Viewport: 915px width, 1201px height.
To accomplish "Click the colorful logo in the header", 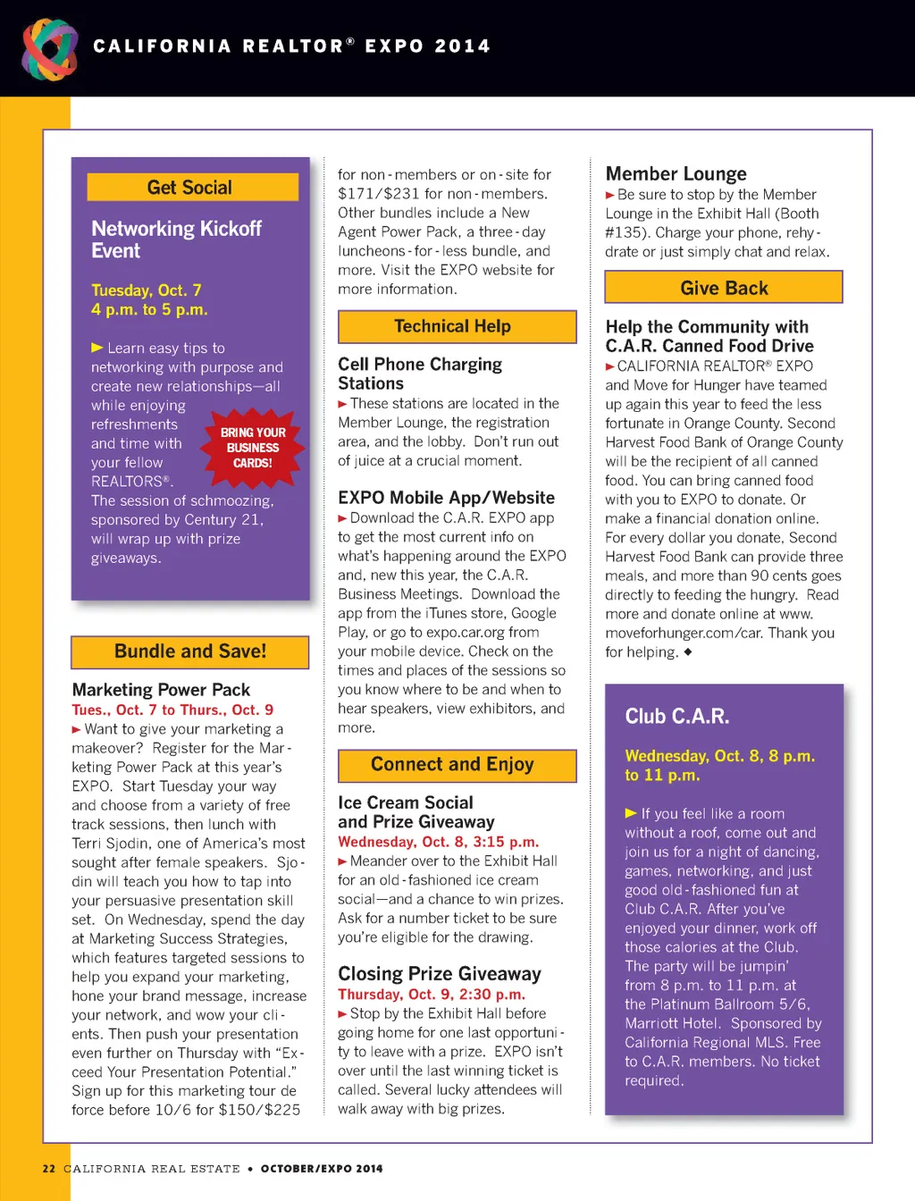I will [50, 48].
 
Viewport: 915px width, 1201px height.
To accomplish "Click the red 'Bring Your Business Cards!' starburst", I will [253, 448].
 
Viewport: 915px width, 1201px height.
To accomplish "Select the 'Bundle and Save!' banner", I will [190, 651].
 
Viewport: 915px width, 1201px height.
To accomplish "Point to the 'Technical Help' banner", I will [457, 327].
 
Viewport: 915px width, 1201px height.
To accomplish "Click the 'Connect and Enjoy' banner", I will [457, 765].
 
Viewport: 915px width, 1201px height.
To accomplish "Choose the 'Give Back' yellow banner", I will [724, 288].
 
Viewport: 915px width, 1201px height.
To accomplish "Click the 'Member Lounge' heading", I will [676, 174].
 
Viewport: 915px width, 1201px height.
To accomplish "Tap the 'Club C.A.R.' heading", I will [677, 717].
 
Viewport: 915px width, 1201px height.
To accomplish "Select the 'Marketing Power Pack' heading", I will [161, 690].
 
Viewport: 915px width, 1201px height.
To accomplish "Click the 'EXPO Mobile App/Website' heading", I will [446, 498].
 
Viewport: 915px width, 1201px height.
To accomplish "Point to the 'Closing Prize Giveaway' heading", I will [439, 974].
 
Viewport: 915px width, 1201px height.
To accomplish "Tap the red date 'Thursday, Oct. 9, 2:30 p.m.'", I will [432, 995].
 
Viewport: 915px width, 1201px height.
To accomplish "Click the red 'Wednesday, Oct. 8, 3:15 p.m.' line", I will [438, 842].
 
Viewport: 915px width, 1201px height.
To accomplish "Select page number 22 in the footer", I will [49, 1169].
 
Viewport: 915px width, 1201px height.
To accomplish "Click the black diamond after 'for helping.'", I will [687, 651].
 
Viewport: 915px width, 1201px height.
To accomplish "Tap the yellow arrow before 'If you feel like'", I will [631, 813].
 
